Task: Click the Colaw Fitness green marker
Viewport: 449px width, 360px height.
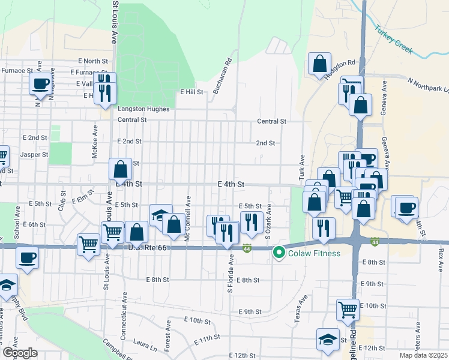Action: click(279, 253)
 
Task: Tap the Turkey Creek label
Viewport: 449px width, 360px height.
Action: click(394, 39)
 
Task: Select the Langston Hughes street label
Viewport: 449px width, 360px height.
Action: click(143, 109)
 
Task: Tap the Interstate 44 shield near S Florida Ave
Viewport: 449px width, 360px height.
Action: click(247, 248)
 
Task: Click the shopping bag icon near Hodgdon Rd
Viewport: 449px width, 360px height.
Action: click(320, 63)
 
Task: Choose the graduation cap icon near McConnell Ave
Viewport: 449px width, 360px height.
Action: click(161, 215)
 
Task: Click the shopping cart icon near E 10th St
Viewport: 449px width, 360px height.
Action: click(348, 309)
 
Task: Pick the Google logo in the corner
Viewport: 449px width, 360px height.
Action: click(20, 353)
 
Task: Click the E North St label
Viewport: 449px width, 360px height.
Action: click(93, 61)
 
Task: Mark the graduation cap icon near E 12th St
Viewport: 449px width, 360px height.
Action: click(328, 339)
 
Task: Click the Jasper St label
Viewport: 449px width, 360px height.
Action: click(34, 154)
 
